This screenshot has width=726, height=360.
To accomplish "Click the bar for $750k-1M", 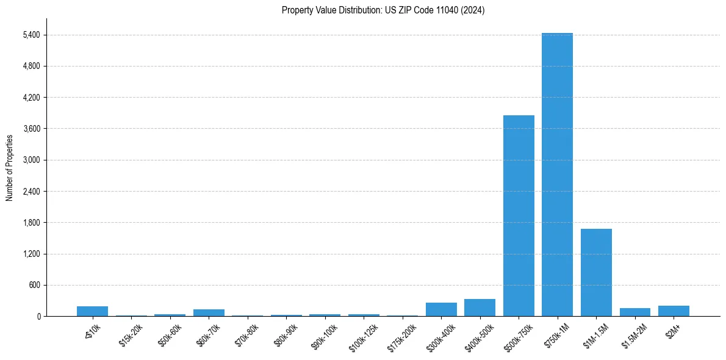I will click(557, 175).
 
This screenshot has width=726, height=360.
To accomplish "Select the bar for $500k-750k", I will click(519, 215).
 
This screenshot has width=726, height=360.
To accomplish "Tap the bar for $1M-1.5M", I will click(596, 272).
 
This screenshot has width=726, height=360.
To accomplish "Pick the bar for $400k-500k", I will click(480, 308).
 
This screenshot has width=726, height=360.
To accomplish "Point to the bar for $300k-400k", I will click(441, 309).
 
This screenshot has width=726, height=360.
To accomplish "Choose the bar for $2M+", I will click(674, 311).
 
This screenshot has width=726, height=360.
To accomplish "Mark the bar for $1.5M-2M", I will click(634, 312).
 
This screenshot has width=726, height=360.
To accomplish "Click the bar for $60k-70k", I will click(209, 312).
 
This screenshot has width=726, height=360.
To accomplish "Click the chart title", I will click(383, 10).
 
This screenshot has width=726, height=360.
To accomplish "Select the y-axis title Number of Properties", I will click(10, 167).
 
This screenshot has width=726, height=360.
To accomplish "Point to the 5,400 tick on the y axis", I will click(31, 35).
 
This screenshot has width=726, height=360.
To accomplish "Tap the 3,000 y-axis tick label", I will click(31, 160).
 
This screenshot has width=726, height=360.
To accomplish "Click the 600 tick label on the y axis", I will click(34, 285).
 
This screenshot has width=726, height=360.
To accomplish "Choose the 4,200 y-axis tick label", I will click(31, 98).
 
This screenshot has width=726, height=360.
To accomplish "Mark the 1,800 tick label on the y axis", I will click(31, 223).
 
